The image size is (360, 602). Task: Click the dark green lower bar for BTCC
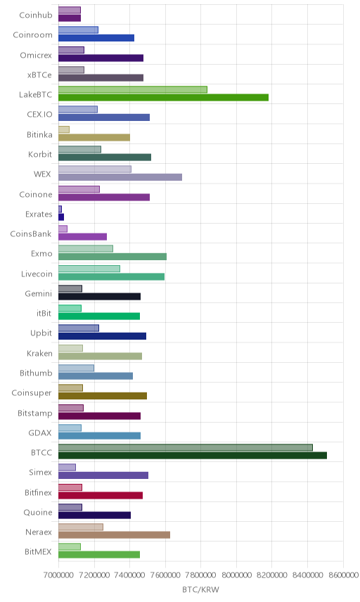(193, 456)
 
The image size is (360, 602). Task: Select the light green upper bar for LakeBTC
(133, 89)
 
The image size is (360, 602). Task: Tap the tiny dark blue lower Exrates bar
(61, 217)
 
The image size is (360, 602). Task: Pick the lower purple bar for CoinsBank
(82, 237)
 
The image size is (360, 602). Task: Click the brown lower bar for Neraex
(115, 535)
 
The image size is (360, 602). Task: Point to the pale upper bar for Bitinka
(64, 129)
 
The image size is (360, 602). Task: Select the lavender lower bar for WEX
(120, 177)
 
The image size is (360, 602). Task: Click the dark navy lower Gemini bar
(99, 296)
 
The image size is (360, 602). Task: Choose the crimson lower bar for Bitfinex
(101, 496)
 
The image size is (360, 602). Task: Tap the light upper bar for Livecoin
(89, 269)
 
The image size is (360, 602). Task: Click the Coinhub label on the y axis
(36, 15)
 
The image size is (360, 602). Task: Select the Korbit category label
(40, 154)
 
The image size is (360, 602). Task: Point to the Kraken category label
(39, 354)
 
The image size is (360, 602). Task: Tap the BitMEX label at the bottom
(38, 552)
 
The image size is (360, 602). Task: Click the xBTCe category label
(39, 75)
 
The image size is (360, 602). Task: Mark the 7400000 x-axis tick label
(129, 575)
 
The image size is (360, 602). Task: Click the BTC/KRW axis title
(200, 590)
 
